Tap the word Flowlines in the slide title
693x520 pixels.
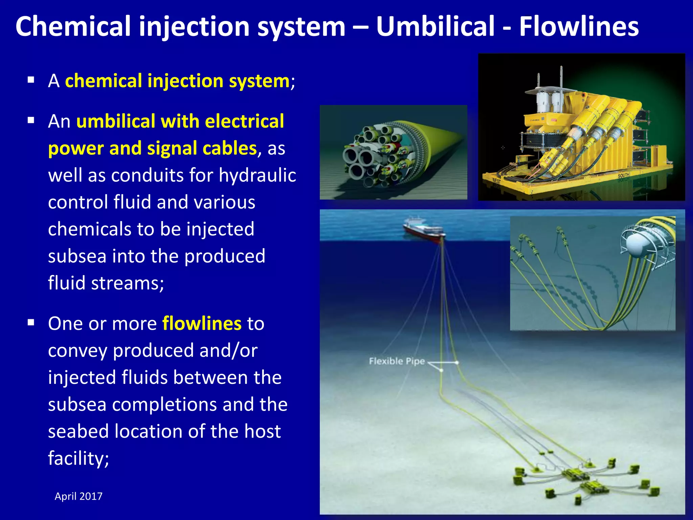(x=579, y=26)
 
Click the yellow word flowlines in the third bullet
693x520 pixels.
(x=202, y=323)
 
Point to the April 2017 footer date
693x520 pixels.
(x=79, y=496)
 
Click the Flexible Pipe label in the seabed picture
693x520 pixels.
(x=397, y=361)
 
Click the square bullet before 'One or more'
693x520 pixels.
(x=31, y=323)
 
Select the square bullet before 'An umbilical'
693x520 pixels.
(x=31, y=120)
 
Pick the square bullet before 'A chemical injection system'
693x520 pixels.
(x=31, y=80)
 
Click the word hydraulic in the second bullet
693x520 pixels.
(x=258, y=175)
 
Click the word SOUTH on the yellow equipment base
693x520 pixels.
(x=623, y=175)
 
